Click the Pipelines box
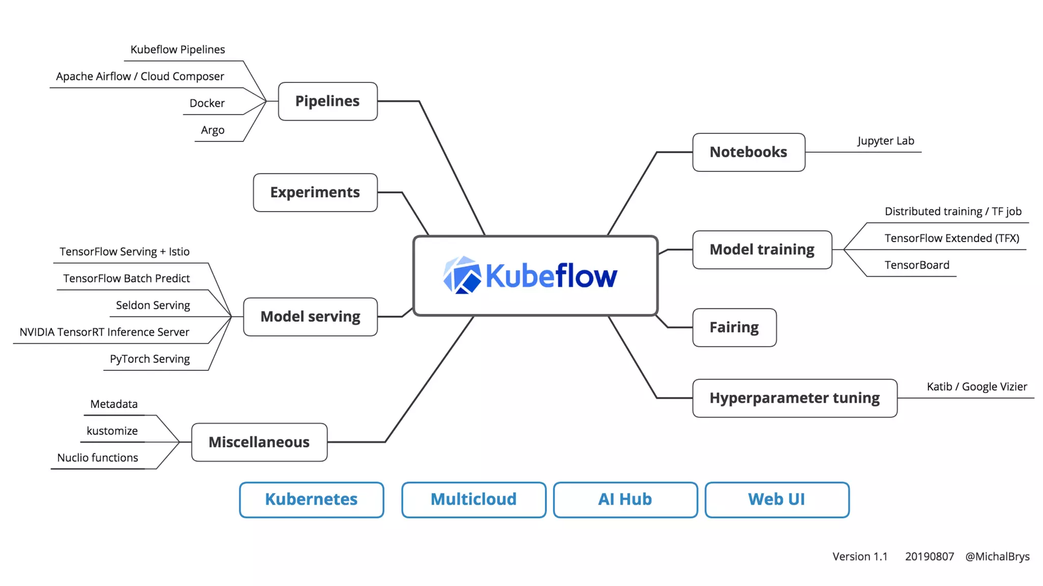(x=327, y=101)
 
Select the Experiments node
(x=315, y=192)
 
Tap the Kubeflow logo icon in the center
(x=462, y=275)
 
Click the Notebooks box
(x=748, y=152)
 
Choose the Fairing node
(x=734, y=327)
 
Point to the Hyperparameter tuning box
(x=794, y=398)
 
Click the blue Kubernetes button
(x=311, y=500)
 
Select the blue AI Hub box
(x=625, y=500)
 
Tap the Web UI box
(x=776, y=500)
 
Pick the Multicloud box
(x=473, y=500)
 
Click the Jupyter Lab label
(x=885, y=141)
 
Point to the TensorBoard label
(x=916, y=265)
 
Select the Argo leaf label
(x=212, y=130)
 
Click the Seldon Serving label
(x=153, y=305)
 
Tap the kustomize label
(x=112, y=431)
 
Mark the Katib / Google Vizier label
(x=976, y=387)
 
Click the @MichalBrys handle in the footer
(x=997, y=556)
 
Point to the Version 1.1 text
(x=860, y=556)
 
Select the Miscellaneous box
(x=259, y=442)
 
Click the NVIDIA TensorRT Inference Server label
(x=104, y=332)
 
